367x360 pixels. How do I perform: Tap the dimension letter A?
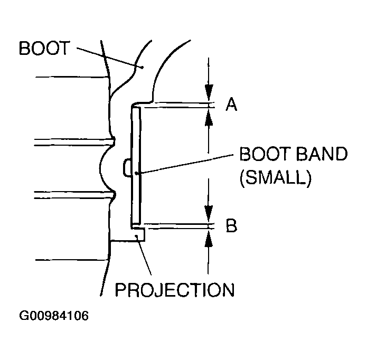point(231,106)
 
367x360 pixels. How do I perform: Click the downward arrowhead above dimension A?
point(210,92)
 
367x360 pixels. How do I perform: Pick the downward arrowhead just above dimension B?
point(210,213)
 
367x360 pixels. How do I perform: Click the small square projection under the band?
point(139,234)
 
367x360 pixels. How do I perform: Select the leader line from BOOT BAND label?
point(185,164)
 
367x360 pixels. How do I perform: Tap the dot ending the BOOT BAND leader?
point(137,173)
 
